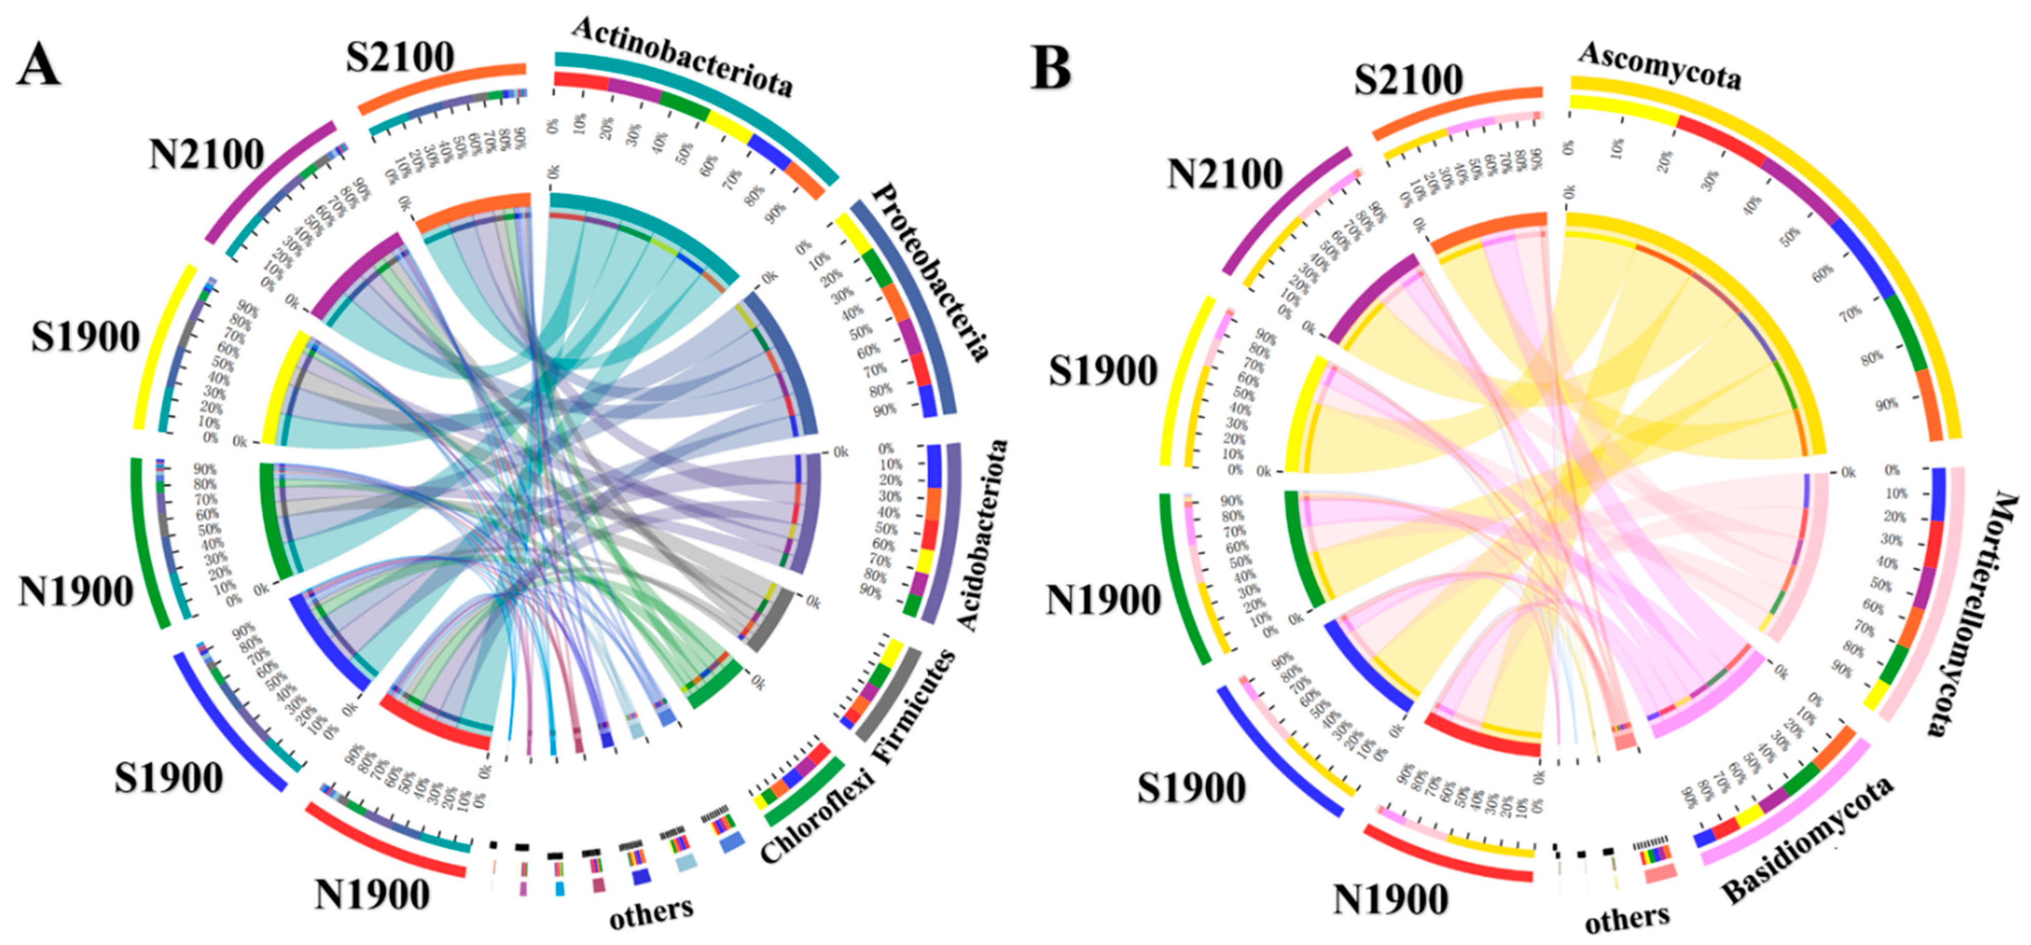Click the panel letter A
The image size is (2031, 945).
(x=38, y=66)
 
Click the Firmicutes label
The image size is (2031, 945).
(x=915, y=706)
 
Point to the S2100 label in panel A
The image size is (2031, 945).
(x=400, y=57)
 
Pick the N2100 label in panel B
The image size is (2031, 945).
(x=1225, y=174)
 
